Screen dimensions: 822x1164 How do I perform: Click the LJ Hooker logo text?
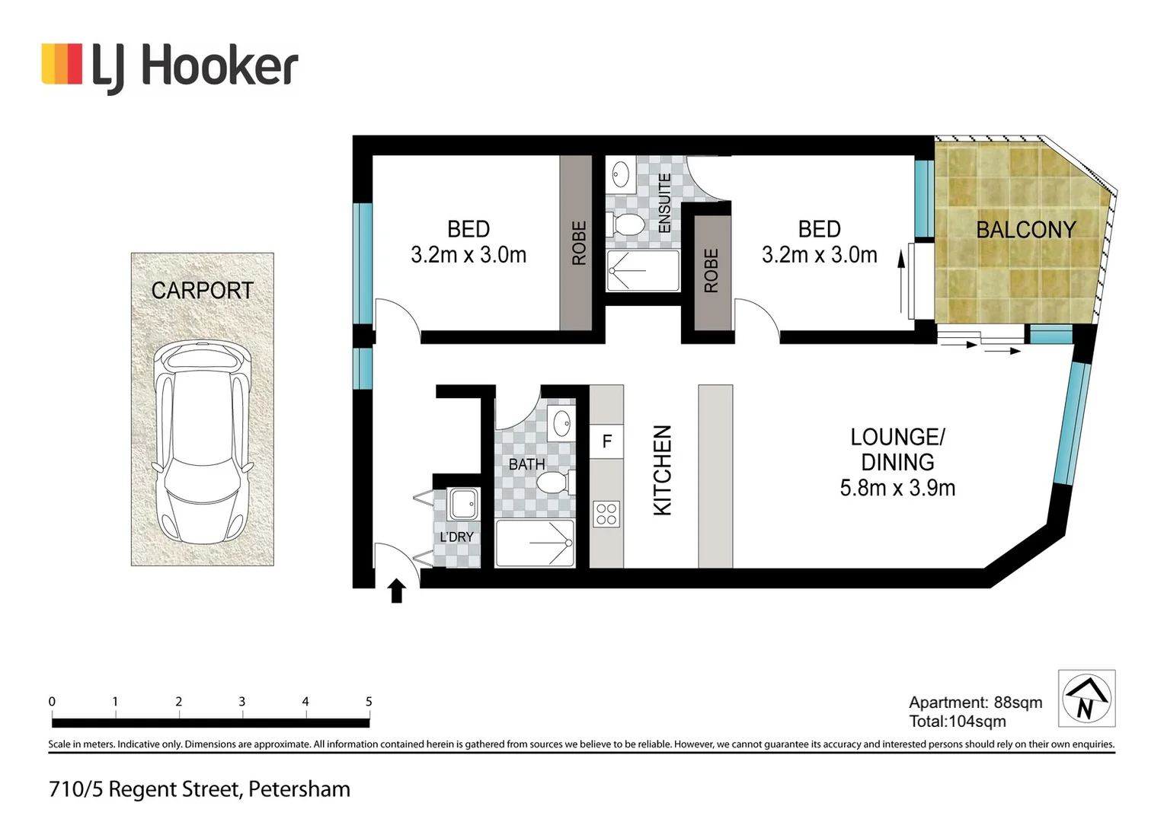(x=194, y=67)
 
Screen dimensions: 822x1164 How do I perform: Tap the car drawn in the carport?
(x=202, y=443)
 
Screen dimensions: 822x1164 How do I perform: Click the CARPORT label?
(x=202, y=291)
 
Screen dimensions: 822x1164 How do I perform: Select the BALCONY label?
(x=1025, y=230)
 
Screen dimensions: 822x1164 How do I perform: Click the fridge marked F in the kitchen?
(x=606, y=441)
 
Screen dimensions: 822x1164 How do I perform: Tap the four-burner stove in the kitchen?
(x=606, y=514)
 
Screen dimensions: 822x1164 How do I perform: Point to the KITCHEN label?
(x=663, y=470)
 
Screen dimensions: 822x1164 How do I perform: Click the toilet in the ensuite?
(x=628, y=225)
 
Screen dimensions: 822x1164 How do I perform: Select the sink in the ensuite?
(x=620, y=174)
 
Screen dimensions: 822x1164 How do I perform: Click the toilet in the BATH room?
(x=554, y=483)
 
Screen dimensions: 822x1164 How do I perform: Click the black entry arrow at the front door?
(x=397, y=591)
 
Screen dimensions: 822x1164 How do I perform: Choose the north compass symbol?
(x=1086, y=699)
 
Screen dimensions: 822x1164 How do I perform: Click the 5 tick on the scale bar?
(x=369, y=702)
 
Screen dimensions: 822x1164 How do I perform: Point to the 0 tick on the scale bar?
(x=52, y=702)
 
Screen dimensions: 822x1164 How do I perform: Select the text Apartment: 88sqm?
(x=975, y=703)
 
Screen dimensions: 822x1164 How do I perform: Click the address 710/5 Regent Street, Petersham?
(x=200, y=789)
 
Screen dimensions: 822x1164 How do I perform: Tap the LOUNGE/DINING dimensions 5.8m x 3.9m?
(x=897, y=489)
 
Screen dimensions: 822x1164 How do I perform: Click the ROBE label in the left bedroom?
(x=579, y=243)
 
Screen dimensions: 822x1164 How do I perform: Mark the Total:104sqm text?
(x=957, y=722)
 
